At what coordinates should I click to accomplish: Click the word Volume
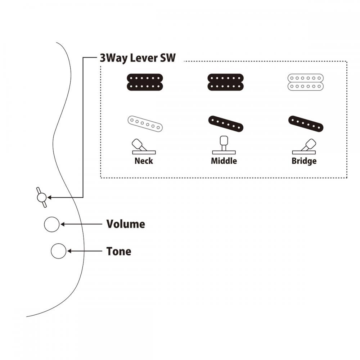(126, 224)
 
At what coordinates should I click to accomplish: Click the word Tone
(119, 251)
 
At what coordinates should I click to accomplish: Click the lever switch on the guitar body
(42, 197)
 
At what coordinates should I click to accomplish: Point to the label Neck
(144, 161)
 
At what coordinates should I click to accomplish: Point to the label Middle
(224, 161)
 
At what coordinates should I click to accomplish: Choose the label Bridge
(304, 161)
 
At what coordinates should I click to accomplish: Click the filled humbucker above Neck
(145, 82)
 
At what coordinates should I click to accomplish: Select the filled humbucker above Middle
(225, 82)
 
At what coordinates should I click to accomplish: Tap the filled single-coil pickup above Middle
(226, 124)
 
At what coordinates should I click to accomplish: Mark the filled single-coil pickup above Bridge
(306, 124)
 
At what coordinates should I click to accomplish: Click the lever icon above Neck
(144, 147)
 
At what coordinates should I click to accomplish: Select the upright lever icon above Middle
(224, 145)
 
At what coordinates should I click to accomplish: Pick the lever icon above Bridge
(304, 147)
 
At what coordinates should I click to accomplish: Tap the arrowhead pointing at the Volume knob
(62, 224)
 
